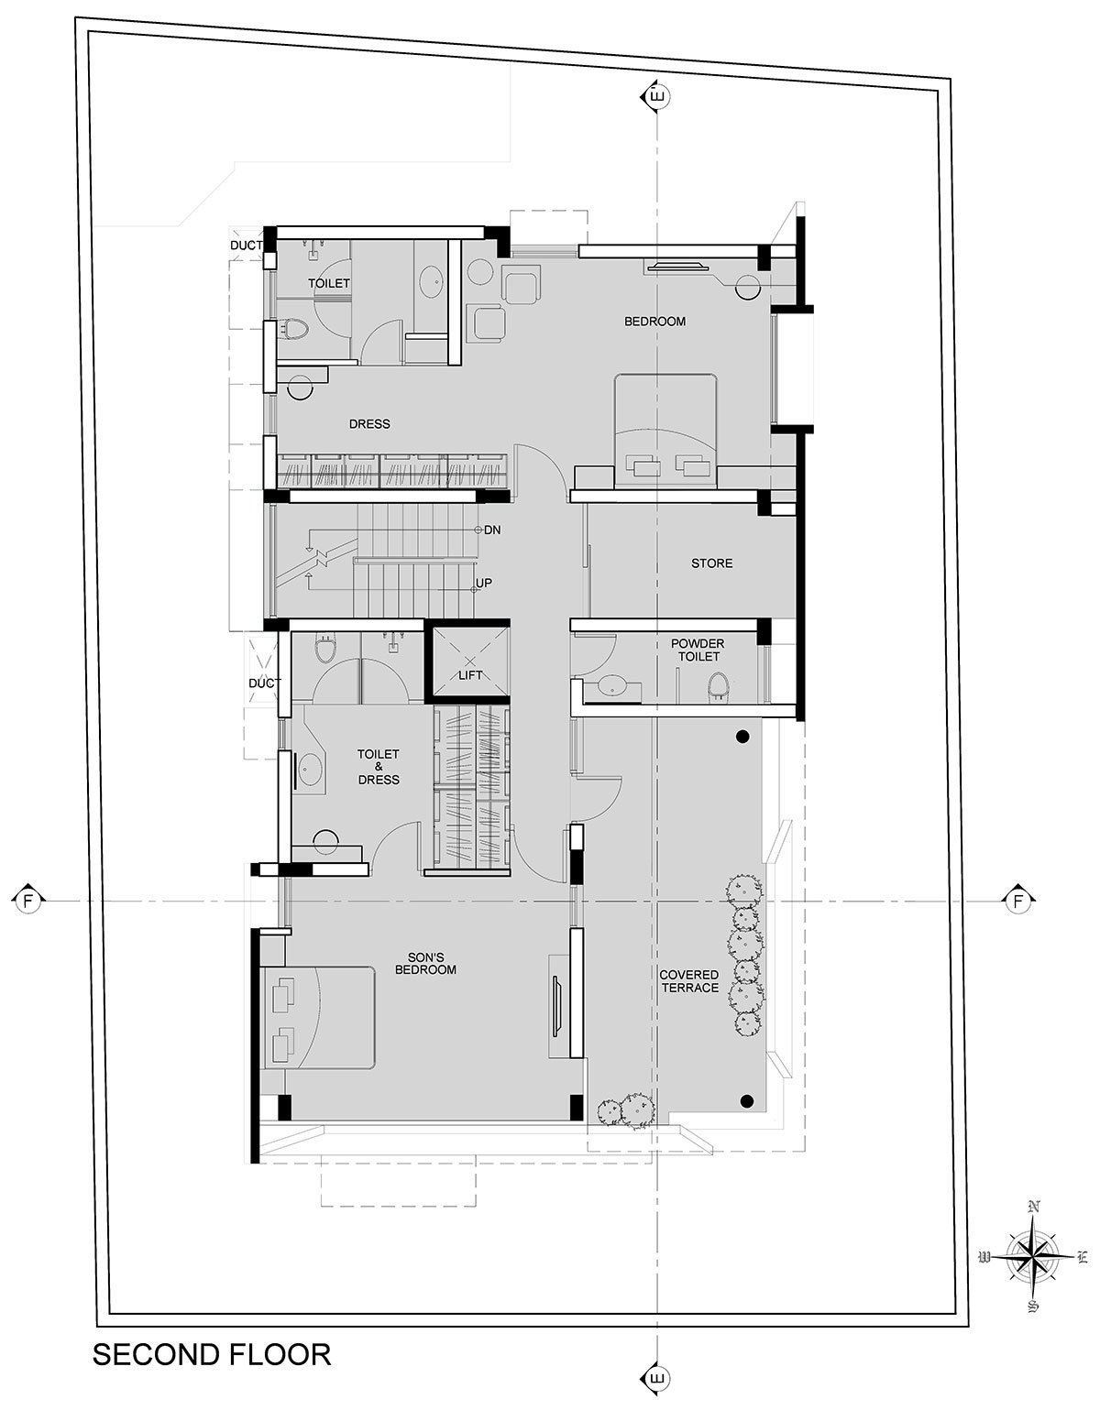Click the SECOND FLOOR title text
point(212,1355)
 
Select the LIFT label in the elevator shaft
point(470,675)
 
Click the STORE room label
point(712,563)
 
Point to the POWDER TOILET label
point(698,650)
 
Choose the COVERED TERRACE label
point(689,981)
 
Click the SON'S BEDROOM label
point(425,963)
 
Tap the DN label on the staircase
point(492,530)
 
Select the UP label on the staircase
point(484,584)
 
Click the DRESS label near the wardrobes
point(370,423)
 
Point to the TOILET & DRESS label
point(379,766)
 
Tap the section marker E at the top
point(657,97)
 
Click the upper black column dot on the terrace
point(743,737)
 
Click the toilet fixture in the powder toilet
point(717,686)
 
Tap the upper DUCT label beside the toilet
point(247,246)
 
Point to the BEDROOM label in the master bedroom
point(654,322)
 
